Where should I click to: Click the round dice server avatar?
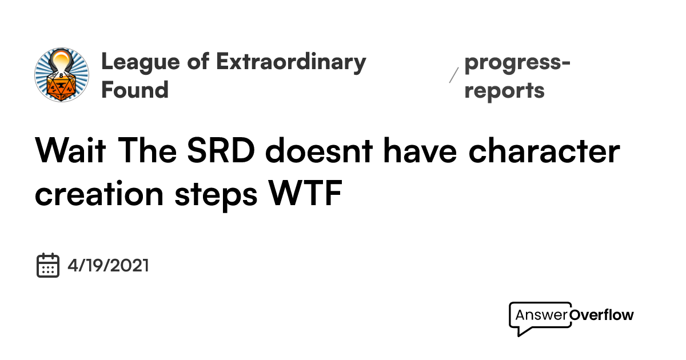click(62, 75)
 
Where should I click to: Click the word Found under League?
click(135, 90)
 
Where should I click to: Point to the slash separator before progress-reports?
click(454, 75)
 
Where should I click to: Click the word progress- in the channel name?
click(517, 62)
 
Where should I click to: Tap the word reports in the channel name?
click(504, 90)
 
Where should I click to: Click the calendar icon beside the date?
click(48, 266)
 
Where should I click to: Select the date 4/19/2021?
click(108, 266)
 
